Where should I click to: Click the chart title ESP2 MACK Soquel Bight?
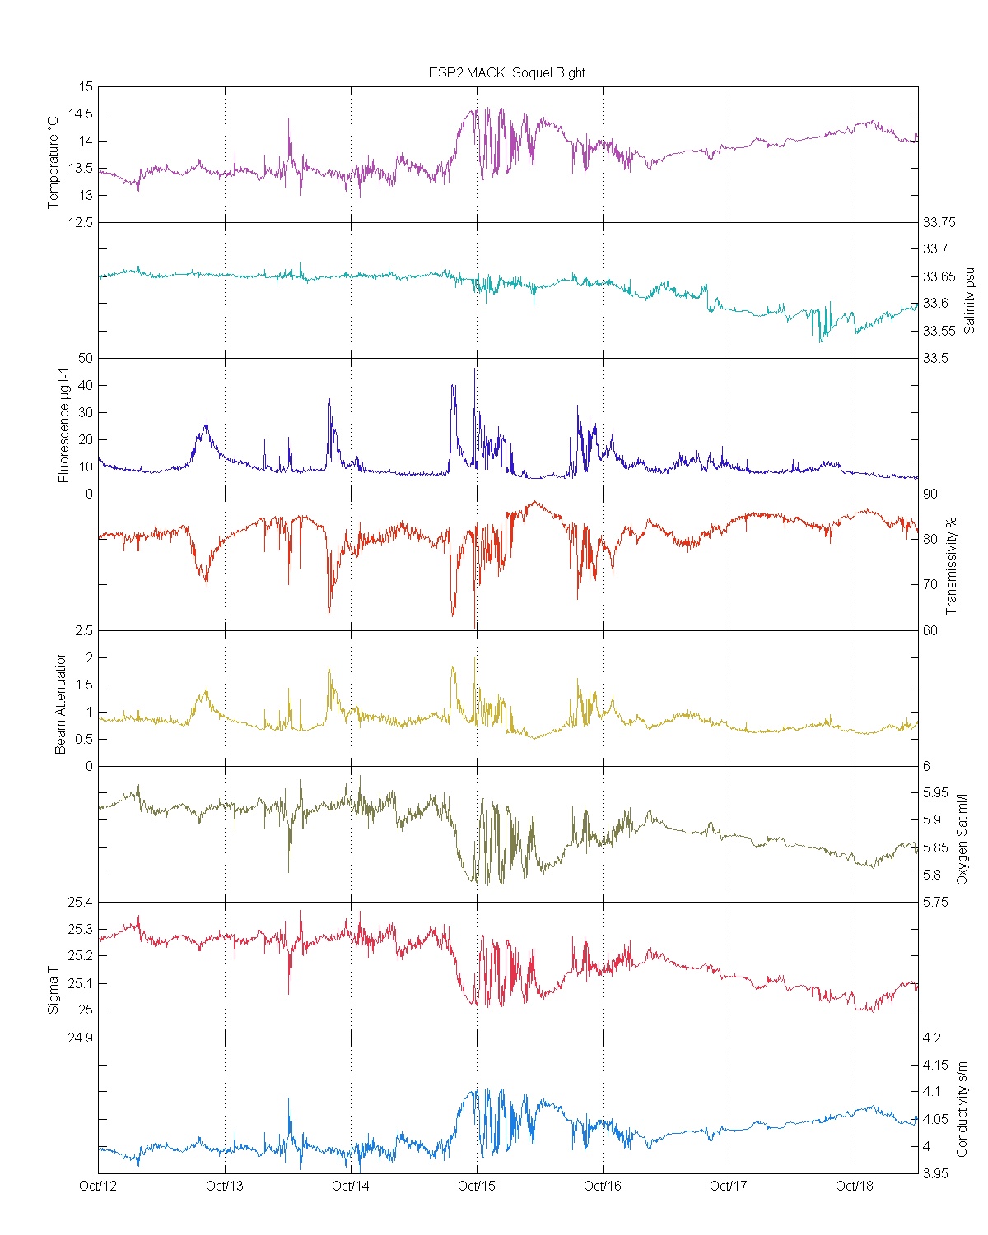506,72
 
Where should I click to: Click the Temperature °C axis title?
54,161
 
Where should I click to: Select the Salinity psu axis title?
969,299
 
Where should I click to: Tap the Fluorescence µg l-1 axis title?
63,427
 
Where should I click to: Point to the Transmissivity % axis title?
951,566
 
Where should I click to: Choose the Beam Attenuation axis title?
61,702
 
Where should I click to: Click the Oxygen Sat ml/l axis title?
961,838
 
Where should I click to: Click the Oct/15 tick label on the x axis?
477,1186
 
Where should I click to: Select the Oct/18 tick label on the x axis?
855,1186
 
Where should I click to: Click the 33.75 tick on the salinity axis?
939,222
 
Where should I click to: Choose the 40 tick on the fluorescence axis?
86,385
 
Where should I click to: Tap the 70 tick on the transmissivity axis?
930,584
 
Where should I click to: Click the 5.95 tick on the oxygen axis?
935,793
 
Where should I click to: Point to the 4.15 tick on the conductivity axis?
935,1065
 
